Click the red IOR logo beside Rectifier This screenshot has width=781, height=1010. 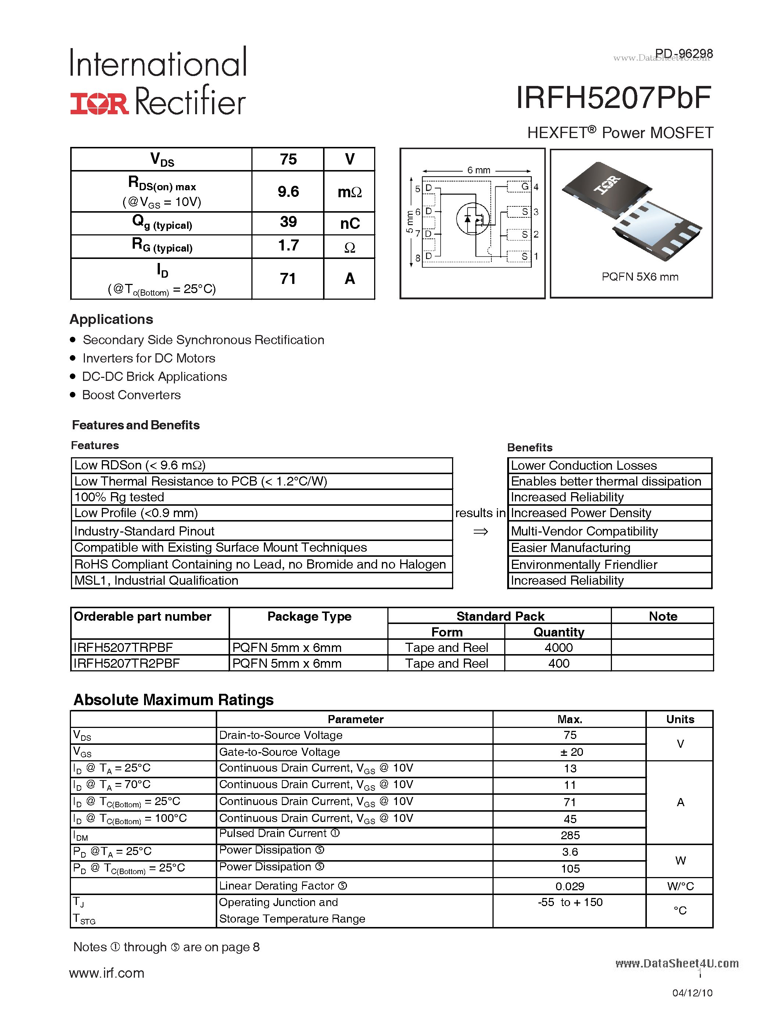coord(99,103)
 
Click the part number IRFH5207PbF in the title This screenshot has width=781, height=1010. coord(613,98)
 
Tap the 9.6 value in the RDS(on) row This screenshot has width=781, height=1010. coord(288,191)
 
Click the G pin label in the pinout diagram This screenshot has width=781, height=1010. coord(525,186)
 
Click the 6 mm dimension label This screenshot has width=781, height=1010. coord(479,170)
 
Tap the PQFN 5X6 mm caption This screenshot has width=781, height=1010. coord(640,277)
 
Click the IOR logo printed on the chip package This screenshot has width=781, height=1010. coord(606,185)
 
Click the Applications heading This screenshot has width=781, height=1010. coord(111,319)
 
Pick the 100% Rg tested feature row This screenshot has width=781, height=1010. coord(119,497)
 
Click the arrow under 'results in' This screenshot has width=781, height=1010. coord(481,532)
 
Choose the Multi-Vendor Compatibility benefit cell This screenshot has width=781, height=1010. coord(584,531)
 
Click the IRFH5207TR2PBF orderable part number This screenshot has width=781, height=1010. coord(126,664)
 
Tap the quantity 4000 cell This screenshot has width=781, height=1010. coord(558,648)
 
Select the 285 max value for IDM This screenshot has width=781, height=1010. coord(570,835)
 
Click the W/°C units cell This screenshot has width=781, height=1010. coord(680,886)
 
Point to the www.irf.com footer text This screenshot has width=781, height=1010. coord(107,973)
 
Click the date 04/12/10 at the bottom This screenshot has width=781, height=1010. coord(692,993)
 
